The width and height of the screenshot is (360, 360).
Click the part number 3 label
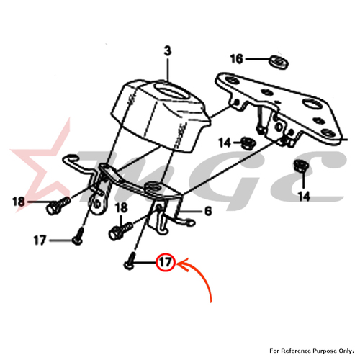coord(168,51)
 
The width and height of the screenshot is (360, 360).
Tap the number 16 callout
coord(236,59)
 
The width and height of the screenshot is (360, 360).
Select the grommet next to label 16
coord(278,62)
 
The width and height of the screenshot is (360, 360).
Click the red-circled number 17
coord(166,262)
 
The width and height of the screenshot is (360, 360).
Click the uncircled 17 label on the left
coord(40,240)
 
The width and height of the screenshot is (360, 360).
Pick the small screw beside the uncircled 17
coord(78,237)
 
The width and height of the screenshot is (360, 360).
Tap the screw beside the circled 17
coord(130,262)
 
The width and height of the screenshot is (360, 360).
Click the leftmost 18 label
coord(19,202)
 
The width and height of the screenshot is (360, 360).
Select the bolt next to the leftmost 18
coord(58,205)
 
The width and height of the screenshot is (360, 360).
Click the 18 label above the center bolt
coord(121,208)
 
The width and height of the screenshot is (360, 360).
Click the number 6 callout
coord(208,211)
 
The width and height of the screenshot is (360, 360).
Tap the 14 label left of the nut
coord(225,143)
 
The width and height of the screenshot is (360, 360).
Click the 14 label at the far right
coord(304,197)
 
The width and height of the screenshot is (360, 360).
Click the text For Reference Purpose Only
coord(312,351)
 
